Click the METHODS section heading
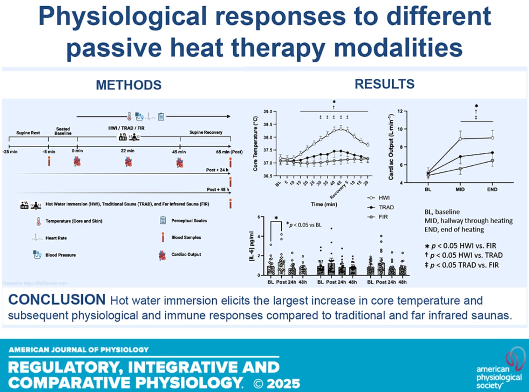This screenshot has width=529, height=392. coord(128,85)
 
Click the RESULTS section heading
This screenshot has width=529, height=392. coord(384,84)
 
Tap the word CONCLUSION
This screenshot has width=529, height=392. coord(57,300)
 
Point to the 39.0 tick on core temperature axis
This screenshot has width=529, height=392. coord(268,111)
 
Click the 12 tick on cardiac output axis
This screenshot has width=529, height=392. coord(400,111)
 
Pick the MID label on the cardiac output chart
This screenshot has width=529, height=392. coord(460,189)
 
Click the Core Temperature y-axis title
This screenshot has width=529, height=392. coord(255,143)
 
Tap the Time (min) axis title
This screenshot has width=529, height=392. coord(324,204)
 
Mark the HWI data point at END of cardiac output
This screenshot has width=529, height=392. coord(492,138)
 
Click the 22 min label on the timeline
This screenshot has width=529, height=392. coord(127,151)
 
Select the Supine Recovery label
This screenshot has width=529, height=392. coord(206,132)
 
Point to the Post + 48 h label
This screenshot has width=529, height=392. coord(217,189)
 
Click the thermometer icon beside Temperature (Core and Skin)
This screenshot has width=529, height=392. coord(38,221)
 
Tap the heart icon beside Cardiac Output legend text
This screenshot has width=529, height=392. coord(162,255)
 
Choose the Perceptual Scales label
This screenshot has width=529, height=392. coord(189,220)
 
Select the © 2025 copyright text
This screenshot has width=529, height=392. coord(277,383)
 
